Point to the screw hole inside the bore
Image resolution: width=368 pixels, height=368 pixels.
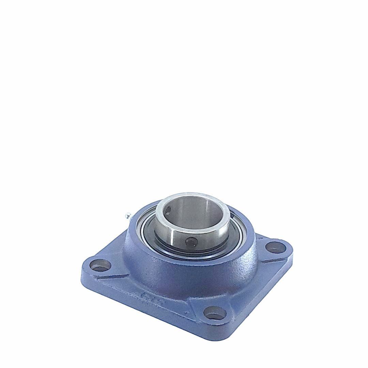point(168,214)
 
